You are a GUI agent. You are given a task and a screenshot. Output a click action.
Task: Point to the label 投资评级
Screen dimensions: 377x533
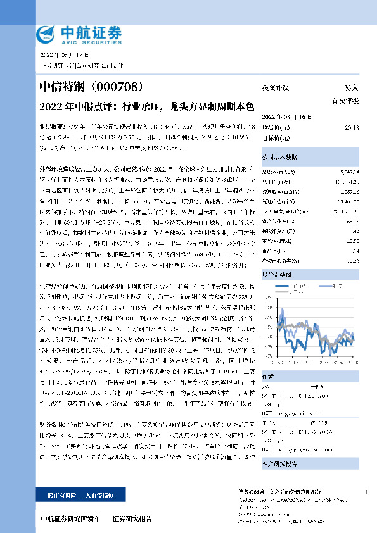275,88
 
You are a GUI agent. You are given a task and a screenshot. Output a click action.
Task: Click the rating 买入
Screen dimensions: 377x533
350,88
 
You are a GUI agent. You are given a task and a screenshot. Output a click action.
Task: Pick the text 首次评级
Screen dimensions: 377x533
345,101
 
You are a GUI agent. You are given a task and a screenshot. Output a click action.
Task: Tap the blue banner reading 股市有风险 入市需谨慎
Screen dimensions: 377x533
73,494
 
